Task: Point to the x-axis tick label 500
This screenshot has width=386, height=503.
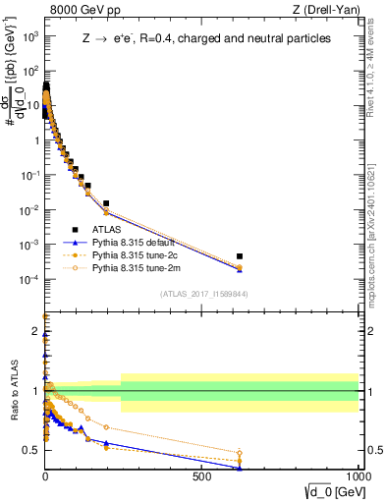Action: tap(202, 475)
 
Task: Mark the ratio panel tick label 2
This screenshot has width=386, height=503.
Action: tap(35, 331)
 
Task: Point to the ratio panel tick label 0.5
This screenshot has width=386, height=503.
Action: tap(32, 450)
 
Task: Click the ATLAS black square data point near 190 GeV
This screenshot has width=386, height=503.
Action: tap(106, 203)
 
